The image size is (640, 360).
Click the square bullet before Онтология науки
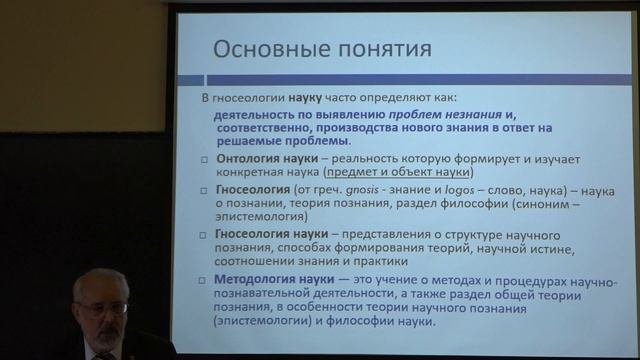pos(204,161)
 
